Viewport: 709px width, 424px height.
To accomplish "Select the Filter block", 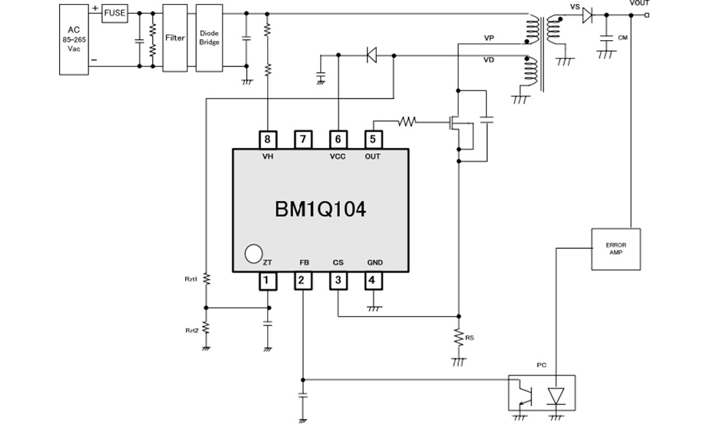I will click(x=175, y=38).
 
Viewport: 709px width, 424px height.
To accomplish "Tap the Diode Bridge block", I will click(x=209, y=38).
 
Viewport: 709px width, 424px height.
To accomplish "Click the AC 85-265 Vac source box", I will click(x=74, y=38).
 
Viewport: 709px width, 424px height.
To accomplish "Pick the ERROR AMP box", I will click(x=615, y=249).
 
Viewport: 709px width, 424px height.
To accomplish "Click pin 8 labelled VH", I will click(x=267, y=139).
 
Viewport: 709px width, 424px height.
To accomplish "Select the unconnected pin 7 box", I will click(x=302, y=139).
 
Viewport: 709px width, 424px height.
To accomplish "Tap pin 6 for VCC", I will click(x=337, y=139).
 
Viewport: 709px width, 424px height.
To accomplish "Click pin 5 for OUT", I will click(x=373, y=139).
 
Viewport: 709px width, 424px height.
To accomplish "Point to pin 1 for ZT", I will click(x=267, y=281).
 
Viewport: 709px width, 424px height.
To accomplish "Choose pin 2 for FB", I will click(x=302, y=281).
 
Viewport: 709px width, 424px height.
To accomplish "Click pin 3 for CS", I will click(x=337, y=281).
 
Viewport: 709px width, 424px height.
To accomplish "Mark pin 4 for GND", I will click(x=373, y=281).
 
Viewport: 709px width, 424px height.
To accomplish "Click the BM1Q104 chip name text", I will click(x=320, y=210).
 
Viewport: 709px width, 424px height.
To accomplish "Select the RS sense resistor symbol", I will click(x=458, y=339).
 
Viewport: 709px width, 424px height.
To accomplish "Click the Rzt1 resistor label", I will click(x=191, y=279).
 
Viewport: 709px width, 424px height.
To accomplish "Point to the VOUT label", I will click(x=639, y=3).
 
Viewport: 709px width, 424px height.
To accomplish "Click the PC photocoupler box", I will click(x=542, y=394).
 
